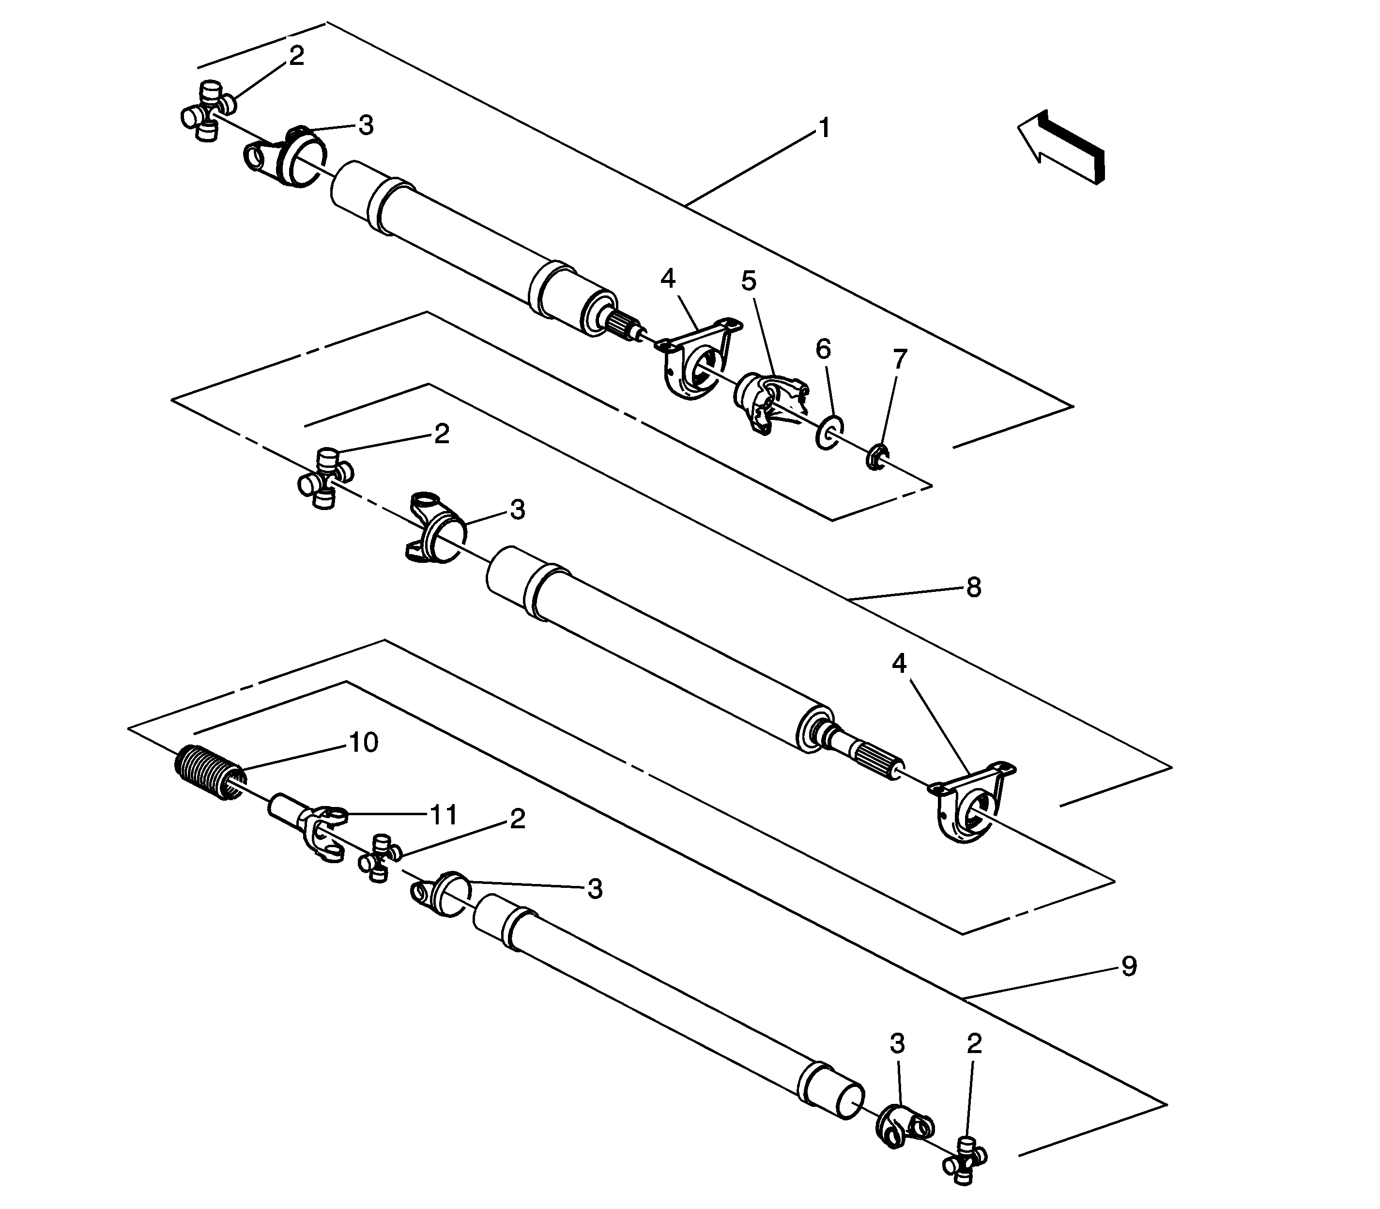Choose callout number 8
pyautogui.click(x=973, y=588)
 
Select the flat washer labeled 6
pyautogui.click(x=829, y=431)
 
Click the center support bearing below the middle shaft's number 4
pyautogui.click(x=972, y=803)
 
